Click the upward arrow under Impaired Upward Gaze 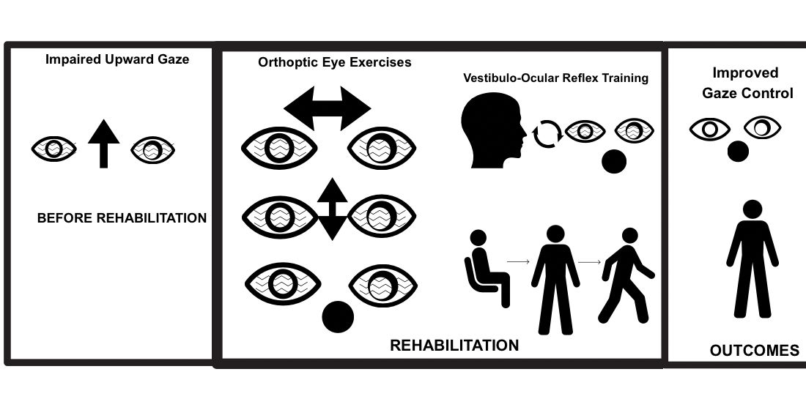tap(103, 146)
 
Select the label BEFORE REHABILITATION tap(122, 218)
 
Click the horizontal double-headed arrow tap(328, 109)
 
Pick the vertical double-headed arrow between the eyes tap(332, 209)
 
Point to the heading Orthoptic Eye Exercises tap(335, 62)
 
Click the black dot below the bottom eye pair tap(338, 316)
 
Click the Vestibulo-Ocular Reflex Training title tap(556, 78)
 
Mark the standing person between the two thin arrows tap(555, 278)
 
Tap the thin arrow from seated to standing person tap(518, 260)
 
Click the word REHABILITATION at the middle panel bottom tap(454, 346)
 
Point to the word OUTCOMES tap(755, 351)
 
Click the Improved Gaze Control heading tap(747, 83)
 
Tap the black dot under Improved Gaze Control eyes tap(738, 151)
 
